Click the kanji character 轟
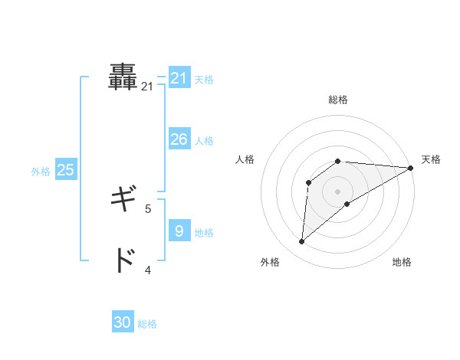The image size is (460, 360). coord(123,77)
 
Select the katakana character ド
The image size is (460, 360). coord(123,260)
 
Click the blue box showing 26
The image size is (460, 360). coord(179,139)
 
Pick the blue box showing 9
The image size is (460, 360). coord(179,231)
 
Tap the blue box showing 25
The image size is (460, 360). coord(66,170)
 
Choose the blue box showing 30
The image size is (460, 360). coord(123,322)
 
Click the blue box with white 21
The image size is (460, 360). coord(179,78)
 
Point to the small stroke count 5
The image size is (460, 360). coord(148,208)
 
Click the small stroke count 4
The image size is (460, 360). coord(148,270)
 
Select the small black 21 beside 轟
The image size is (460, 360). coord(147,87)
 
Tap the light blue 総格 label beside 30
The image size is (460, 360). coord(147,324)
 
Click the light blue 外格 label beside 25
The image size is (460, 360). coord(41,172)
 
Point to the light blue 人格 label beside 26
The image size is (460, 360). coord(204,141)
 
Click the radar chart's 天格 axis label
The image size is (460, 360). coord(431,159)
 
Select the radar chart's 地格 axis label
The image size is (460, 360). coord(402,263)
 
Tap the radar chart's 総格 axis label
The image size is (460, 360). coord(338,100)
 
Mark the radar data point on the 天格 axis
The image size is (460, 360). coord(410,168)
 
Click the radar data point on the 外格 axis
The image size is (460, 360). coord(302,242)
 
